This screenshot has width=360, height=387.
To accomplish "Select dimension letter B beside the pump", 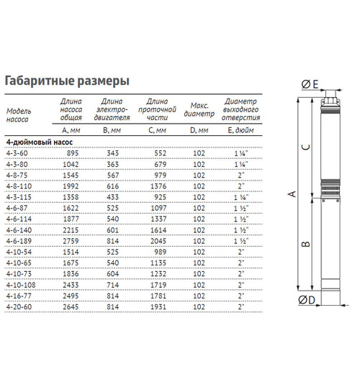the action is (305, 243).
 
